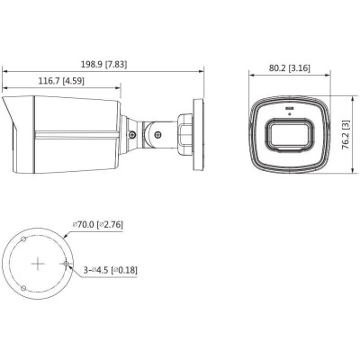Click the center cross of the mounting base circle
38,264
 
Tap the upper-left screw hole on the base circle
25,240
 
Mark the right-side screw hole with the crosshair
67,264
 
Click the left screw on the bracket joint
133,135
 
